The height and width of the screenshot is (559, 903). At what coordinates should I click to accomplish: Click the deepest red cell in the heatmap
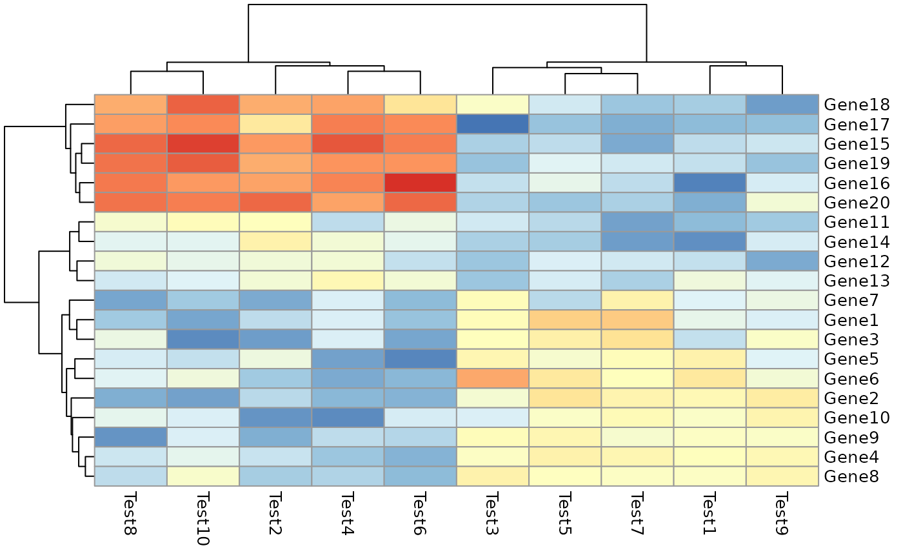(421, 183)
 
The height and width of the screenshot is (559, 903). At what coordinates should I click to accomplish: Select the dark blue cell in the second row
(493, 124)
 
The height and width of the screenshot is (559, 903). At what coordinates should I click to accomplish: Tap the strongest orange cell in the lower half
(493, 378)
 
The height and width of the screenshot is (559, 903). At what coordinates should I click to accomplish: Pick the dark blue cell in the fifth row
(709, 183)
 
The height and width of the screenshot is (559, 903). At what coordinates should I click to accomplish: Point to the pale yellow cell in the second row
(275, 124)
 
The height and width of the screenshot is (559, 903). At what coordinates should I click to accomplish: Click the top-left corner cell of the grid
(130, 105)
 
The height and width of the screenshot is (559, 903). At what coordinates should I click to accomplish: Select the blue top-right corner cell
(782, 105)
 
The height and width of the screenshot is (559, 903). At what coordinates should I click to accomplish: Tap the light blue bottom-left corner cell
(130, 476)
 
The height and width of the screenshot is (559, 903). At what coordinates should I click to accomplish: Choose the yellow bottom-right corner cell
(782, 476)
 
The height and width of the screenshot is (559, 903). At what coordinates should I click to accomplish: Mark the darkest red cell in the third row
(203, 143)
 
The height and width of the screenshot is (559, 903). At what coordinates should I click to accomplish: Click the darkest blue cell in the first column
(130, 437)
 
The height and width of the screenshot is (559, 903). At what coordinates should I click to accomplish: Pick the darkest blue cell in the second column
(203, 339)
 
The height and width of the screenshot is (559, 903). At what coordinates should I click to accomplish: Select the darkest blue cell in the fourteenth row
(421, 358)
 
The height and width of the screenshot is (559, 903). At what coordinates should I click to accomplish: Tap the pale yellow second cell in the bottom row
(203, 476)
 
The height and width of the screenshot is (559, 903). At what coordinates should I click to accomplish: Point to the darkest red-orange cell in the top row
(203, 105)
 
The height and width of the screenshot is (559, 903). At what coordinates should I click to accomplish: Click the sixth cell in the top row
(493, 105)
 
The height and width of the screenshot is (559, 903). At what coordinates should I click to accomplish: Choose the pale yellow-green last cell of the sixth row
(782, 202)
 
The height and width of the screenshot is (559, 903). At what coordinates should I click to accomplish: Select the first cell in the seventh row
(130, 221)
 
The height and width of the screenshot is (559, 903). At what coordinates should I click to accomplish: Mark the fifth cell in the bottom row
(421, 476)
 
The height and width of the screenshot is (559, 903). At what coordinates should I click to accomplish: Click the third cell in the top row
(275, 105)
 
